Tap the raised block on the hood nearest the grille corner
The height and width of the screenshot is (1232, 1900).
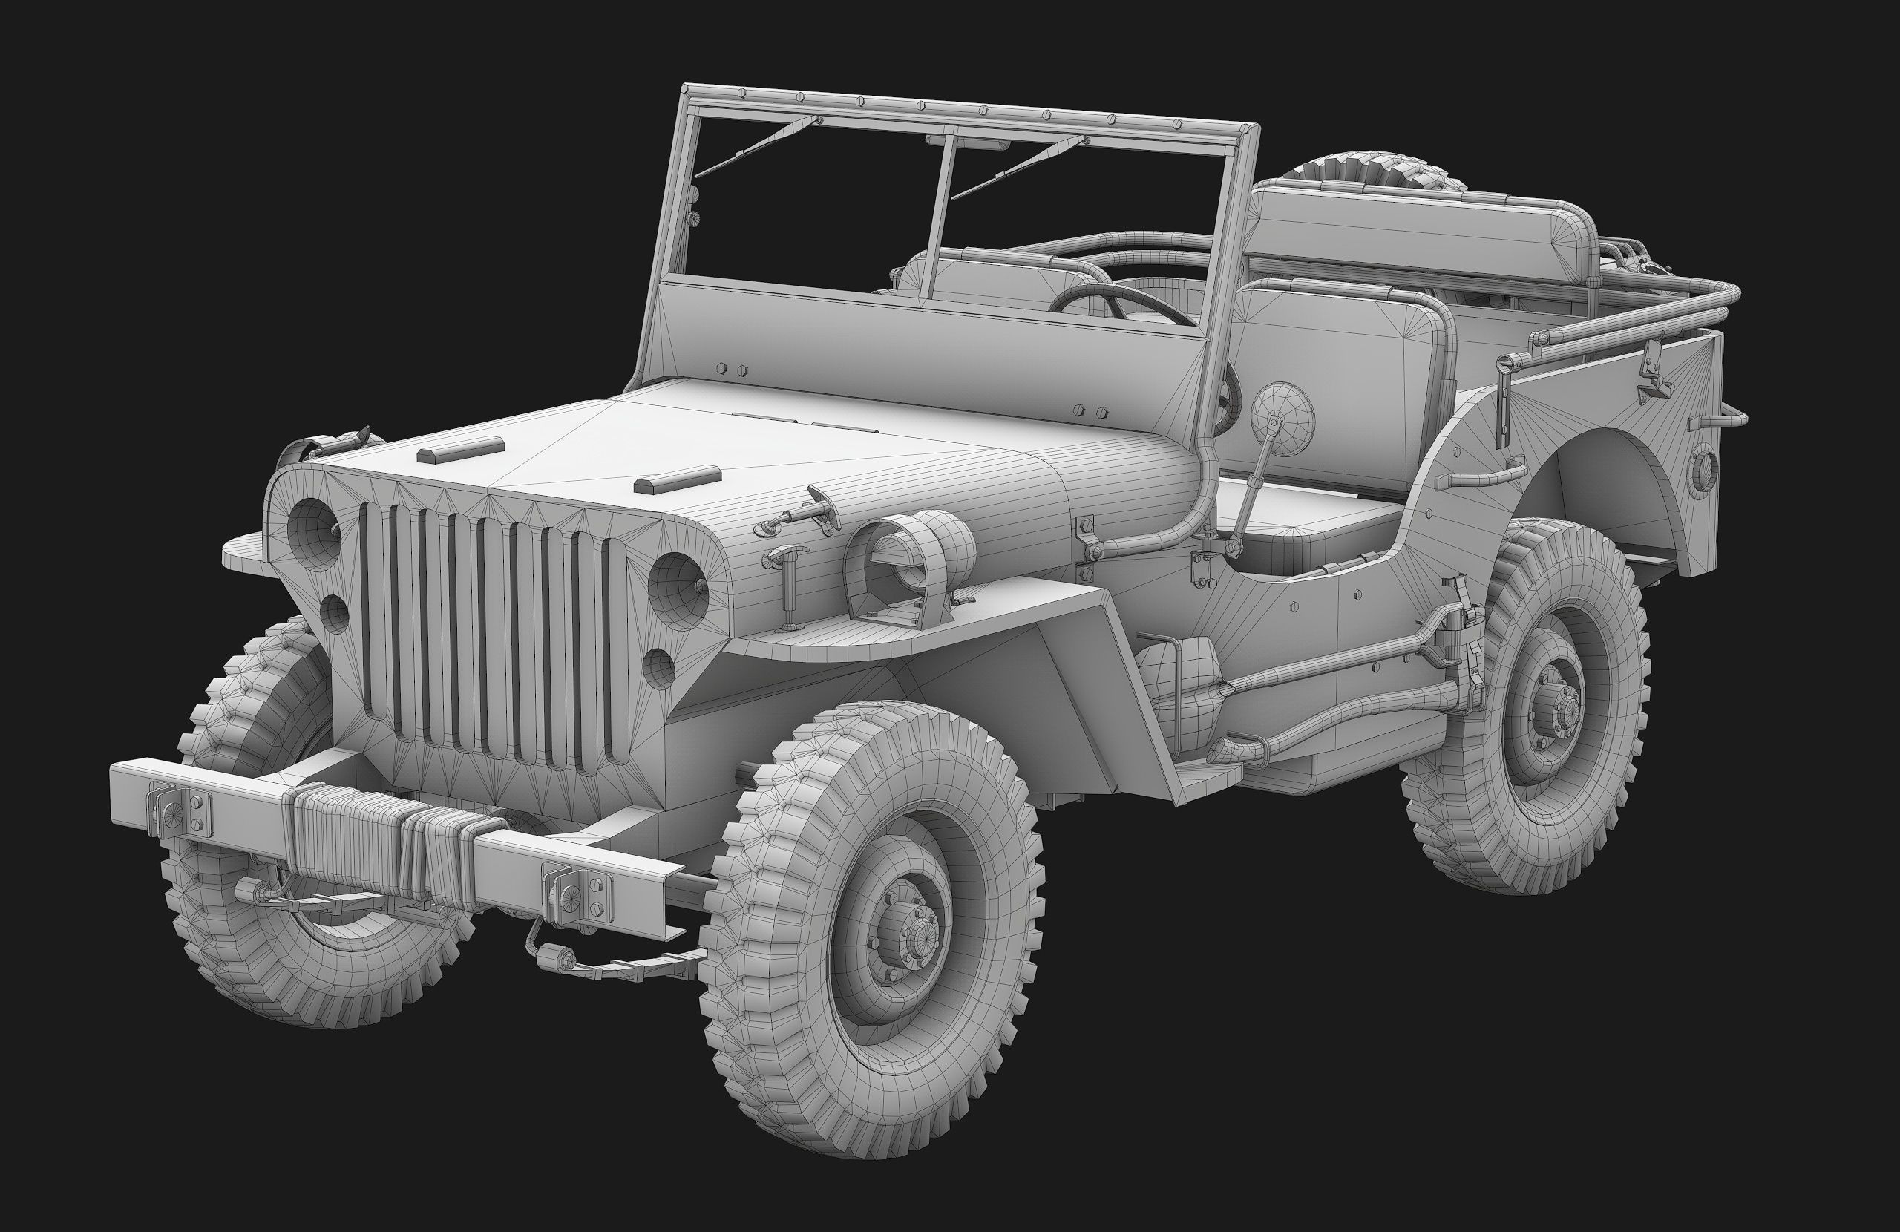click(677, 479)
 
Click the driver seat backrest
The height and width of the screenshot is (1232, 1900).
click(1341, 383)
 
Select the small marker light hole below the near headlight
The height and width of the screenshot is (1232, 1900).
click(658, 669)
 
